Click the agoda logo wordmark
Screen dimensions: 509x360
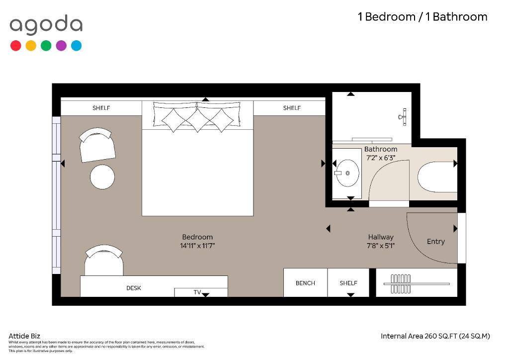pyautogui.click(x=46, y=25)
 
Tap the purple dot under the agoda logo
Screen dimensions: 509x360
pyautogui.click(x=61, y=45)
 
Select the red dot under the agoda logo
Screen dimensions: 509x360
pyautogui.click(x=15, y=45)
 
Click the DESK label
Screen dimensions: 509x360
pyautogui.click(x=133, y=288)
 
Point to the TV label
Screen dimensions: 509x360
pyautogui.click(x=197, y=292)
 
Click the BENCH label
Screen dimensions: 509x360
pyautogui.click(x=305, y=283)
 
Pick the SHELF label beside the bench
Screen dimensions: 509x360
pyautogui.click(x=348, y=283)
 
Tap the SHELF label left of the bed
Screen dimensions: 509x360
pyautogui.click(x=101, y=108)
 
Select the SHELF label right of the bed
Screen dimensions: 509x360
pyautogui.click(x=291, y=108)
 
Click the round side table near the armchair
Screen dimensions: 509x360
pyautogui.click(x=102, y=177)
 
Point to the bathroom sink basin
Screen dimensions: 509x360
pyautogui.click(x=347, y=173)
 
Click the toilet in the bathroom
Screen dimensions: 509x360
pyautogui.click(x=437, y=177)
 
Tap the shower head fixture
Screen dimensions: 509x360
pyautogui.click(x=403, y=117)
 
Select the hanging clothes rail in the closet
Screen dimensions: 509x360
pyautogui.click(x=417, y=284)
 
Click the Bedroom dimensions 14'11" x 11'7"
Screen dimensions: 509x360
pyautogui.click(x=197, y=246)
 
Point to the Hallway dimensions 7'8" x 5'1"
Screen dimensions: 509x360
pyautogui.click(x=380, y=246)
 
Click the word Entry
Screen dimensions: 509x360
pyautogui.click(x=435, y=242)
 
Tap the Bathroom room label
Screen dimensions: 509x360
pyautogui.click(x=380, y=149)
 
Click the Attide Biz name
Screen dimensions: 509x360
pyautogui.click(x=24, y=336)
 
